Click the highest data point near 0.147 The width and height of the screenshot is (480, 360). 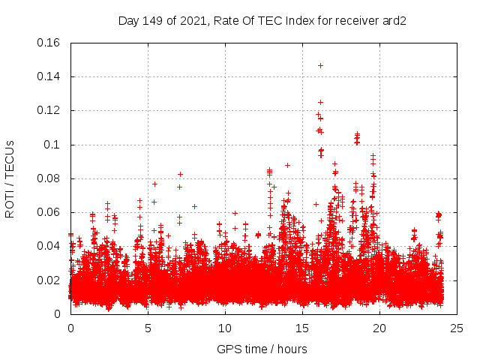(320, 65)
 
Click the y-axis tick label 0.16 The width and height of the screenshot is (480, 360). (49, 43)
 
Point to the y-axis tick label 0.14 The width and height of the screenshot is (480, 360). (49, 76)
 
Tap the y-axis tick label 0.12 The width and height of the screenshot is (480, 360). (49, 110)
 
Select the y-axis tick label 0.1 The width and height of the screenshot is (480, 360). (52, 145)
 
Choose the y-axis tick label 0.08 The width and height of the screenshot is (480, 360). (49, 178)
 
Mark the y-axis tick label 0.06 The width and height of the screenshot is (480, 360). (49, 212)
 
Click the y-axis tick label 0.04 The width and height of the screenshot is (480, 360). (49, 246)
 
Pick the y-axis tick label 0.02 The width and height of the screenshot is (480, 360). (49, 280)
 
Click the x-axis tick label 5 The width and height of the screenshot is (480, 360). (148, 328)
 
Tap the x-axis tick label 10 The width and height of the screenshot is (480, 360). (225, 328)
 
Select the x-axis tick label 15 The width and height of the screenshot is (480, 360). (302, 328)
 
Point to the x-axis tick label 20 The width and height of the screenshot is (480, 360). (379, 328)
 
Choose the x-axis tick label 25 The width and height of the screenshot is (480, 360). (457, 328)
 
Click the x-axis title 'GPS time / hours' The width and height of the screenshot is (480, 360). (262, 349)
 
